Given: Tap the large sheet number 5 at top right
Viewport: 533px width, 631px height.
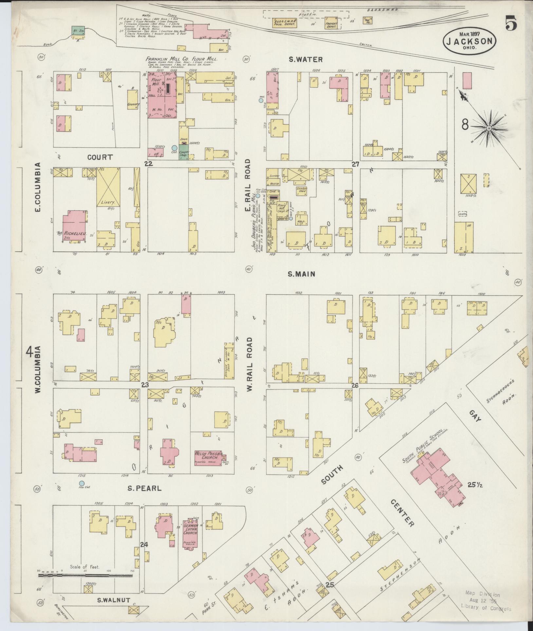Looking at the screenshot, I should coord(511,23).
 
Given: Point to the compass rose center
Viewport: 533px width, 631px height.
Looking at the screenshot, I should coord(488,128).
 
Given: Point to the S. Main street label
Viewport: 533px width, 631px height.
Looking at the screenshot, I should coord(302,274).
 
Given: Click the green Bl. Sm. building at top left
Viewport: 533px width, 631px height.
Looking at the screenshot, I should coord(78,31).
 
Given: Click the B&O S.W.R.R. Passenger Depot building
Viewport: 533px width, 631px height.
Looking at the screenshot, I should coord(284,23).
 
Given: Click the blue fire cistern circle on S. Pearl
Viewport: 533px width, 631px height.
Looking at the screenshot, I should coord(82,483).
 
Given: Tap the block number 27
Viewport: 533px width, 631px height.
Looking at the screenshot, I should coord(356,164).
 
